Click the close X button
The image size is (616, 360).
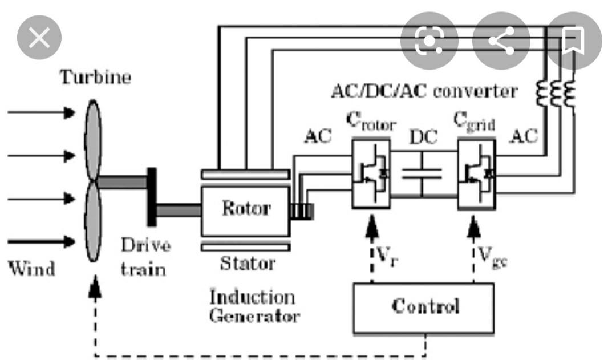tap(39, 39)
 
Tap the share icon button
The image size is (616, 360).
tap(501, 40)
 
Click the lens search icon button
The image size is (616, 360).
tap(429, 40)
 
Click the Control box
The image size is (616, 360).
tap(424, 307)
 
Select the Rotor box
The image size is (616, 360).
tap(245, 209)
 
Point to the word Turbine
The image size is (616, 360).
tap(96, 76)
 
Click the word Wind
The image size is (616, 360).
tap(31, 268)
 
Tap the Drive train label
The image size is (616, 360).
tap(145, 257)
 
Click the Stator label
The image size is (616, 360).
tap(248, 264)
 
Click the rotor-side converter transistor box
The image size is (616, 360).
tap(371, 173)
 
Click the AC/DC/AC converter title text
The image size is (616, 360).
tap(424, 91)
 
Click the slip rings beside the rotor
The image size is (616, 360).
tap(301, 211)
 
